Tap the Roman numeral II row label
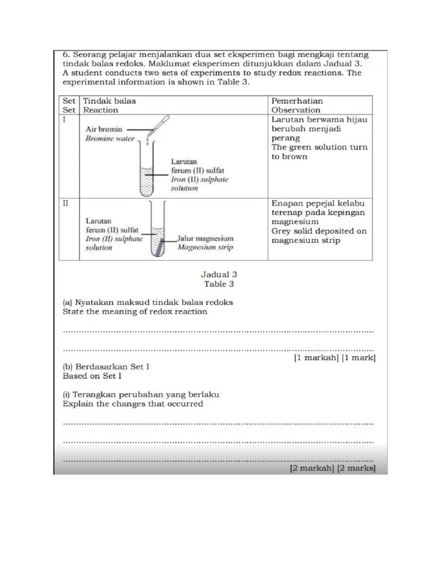tap(65, 204)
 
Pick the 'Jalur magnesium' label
tap(205, 238)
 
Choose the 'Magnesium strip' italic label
tap(205, 248)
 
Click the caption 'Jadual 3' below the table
tap(219, 275)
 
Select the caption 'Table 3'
tap(219, 284)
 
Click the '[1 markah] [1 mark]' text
tap(334, 358)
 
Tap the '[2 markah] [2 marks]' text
tap(332, 468)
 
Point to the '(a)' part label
tap(68, 302)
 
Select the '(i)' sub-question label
tap(67, 394)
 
